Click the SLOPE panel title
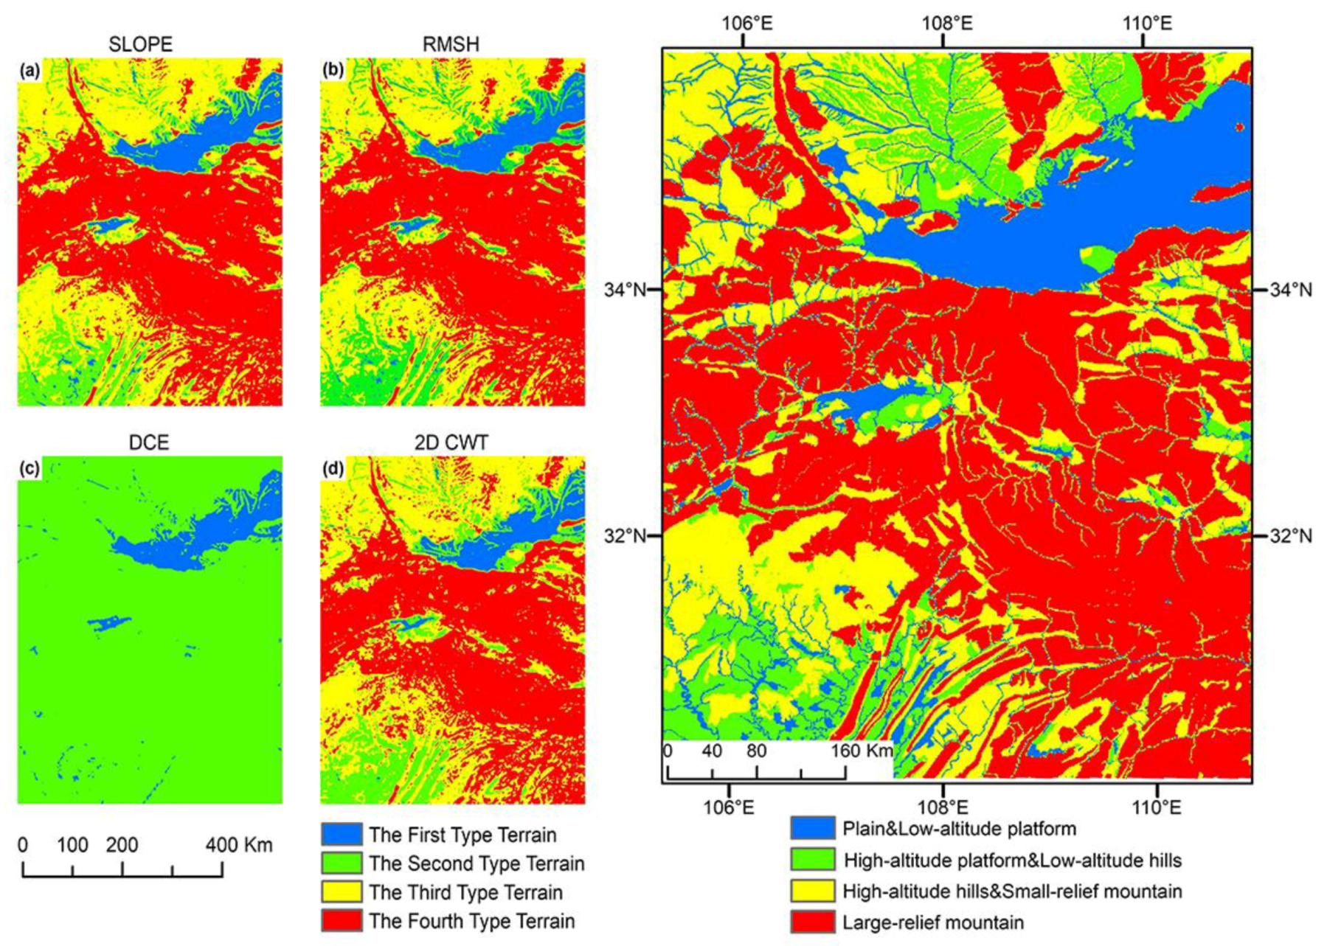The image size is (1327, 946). click(x=140, y=44)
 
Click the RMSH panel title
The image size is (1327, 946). click(x=451, y=44)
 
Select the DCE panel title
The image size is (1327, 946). click(x=148, y=442)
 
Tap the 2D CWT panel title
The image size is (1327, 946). click(x=451, y=442)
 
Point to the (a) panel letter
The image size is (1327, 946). click(x=30, y=71)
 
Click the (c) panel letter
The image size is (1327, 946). click(x=30, y=469)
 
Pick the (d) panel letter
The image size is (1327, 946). click(x=333, y=469)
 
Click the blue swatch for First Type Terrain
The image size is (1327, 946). click(x=342, y=834)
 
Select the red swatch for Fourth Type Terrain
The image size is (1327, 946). click(x=342, y=920)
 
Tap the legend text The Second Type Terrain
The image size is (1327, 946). click(x=477, y=863)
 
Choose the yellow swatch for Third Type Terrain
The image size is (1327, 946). click(x=342, y=891)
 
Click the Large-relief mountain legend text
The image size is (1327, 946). click(x=933, y=922)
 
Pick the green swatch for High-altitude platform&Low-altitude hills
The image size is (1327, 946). click(x=813, y=860)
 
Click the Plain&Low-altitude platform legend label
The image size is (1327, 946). click(x=959, y=829)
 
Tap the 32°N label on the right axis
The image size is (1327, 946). click(x=1290, y=535)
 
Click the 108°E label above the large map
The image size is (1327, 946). click(x=946, y=23)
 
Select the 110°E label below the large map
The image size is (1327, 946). click(x=1157, y=807)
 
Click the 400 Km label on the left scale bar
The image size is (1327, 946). click(x=239, y=845)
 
